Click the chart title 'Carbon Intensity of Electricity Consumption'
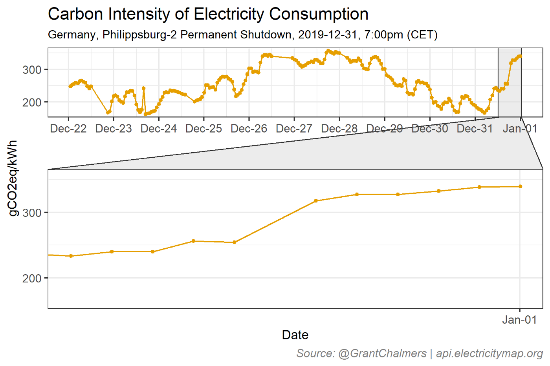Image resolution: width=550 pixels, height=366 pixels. pos(208,15)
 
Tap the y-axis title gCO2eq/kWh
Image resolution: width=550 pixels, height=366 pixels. pos(13,178)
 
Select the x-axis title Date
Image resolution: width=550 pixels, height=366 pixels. pos(295,335)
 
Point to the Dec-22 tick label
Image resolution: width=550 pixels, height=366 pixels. pos(68,129)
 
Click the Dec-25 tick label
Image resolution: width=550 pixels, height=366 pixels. pos(203,129)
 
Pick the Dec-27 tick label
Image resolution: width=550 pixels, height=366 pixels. pos(294,129)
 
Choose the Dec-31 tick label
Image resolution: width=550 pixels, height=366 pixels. pos(475,129)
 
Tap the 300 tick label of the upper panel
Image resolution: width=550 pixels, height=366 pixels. pos(32,70)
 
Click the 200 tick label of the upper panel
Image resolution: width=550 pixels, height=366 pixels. pos(32,102)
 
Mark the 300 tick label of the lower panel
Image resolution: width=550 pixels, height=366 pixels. pos(32,213)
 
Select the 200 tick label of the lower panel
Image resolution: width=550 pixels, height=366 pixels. pos(32,278)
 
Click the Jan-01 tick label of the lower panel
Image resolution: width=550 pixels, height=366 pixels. pos(519,320)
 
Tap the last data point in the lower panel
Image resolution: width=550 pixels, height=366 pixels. pos(520,186)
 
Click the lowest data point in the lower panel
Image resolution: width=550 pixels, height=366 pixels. pos(71,256)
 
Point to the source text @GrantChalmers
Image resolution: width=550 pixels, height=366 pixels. pos(382,353)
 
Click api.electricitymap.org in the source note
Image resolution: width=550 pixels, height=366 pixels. pos(489,353)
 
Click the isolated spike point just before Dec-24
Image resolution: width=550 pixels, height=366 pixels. pos(143,88)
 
